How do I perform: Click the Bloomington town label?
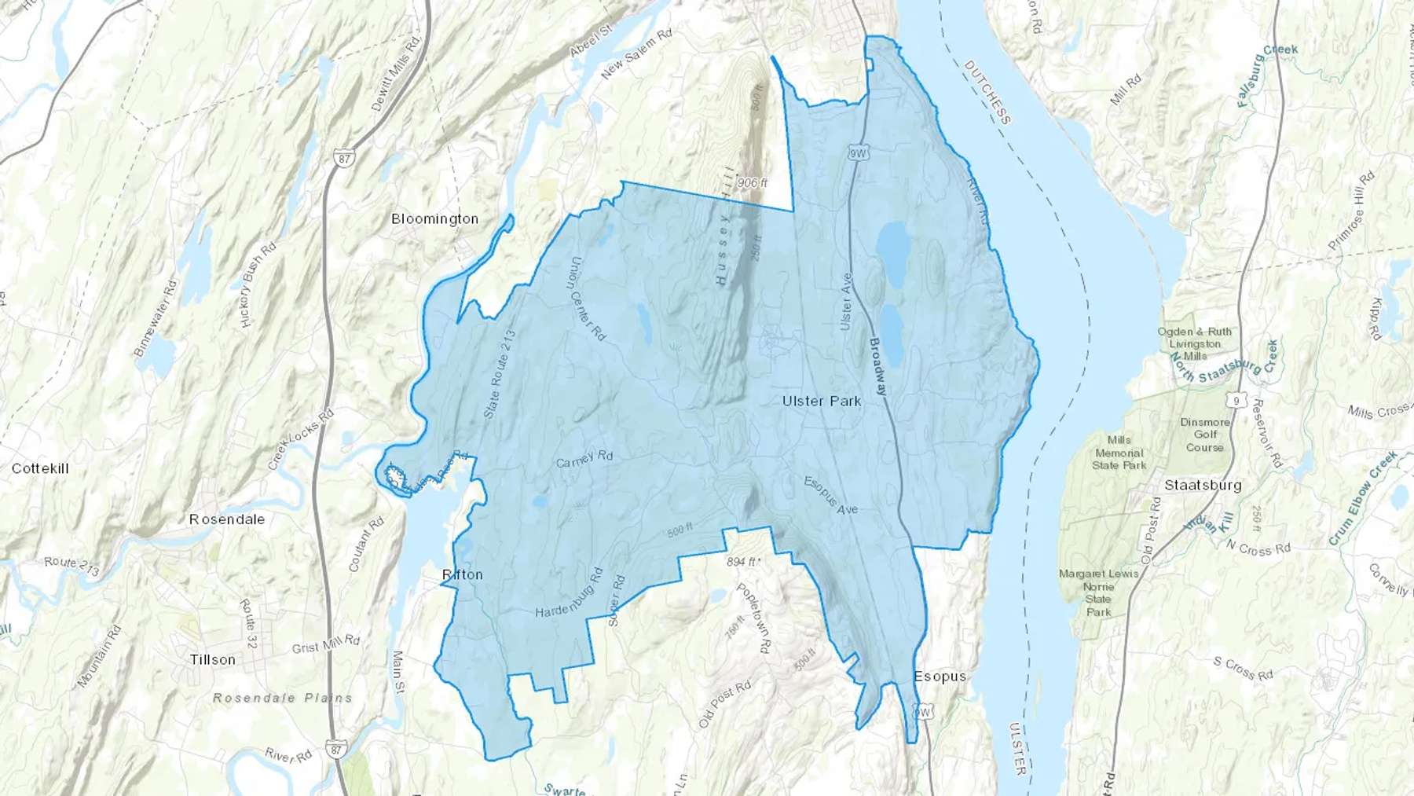tap(434, 219)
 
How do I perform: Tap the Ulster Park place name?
tap(822, 401)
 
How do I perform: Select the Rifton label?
tap(463, 574)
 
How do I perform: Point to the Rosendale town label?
tap(227, 519)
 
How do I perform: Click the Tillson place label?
tap(213, 659)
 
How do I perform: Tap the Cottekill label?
tap(40, 468)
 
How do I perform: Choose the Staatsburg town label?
tap(1203, 485)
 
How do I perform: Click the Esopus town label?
tap(940, 677)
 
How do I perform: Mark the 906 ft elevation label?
tap(752, 183)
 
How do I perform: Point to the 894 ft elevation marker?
tap(742, 562)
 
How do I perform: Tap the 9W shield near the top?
tap(858, 153)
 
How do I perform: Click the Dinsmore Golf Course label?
tap(1205, 435)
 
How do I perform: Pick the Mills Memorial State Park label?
tap(1119, 453)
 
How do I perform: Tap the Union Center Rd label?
tap(588, 299)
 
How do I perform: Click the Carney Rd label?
tap(584, 458)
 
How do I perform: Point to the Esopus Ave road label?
tap(830, 495)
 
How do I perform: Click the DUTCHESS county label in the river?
tap(987, 92)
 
